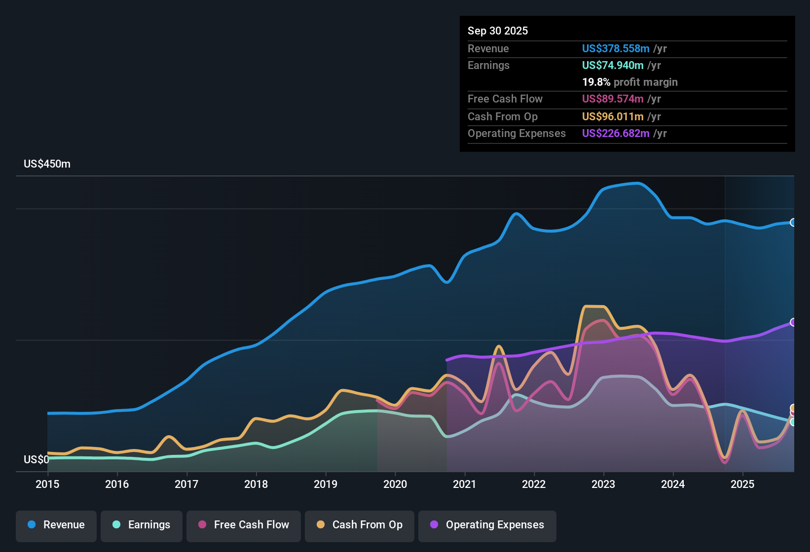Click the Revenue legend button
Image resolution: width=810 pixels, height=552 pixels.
(56, 525)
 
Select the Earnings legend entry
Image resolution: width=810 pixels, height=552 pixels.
(142, 525)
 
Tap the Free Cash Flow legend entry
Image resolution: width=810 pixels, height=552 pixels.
(244, 525)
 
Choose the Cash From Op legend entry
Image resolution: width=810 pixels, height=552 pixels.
(360, 525)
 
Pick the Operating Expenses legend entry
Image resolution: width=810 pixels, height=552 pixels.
(487, 525)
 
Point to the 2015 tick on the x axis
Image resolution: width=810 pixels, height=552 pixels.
(47, 484)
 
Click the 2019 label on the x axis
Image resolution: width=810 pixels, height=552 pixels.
(326, 484)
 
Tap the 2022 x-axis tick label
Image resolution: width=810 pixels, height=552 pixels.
(534, 484)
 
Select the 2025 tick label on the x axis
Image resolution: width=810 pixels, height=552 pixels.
(742, 484)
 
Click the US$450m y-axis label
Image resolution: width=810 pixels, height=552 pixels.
(47, 164)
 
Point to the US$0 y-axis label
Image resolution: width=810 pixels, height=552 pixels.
(36, 460)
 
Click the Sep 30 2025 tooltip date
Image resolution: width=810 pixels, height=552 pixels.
(498, 31)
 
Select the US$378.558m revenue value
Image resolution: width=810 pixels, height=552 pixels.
(616, 49)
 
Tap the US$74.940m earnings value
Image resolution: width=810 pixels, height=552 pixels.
(613, 66)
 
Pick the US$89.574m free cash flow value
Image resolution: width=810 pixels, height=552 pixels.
(613, 99)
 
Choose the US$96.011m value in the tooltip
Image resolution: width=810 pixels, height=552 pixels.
(613, 117)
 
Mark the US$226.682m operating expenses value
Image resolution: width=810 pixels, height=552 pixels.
(616, 134)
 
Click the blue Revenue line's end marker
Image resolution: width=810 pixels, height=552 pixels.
(793, 222)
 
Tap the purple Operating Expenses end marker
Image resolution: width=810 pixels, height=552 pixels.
(793, 322)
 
